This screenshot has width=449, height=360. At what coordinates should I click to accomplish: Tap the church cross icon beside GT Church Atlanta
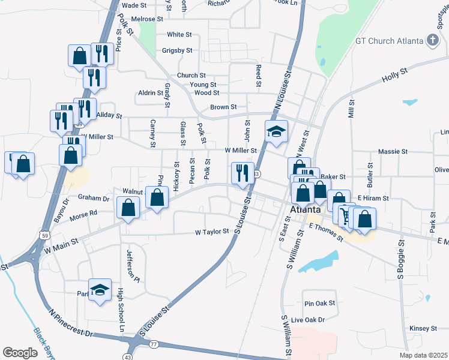[432, 41]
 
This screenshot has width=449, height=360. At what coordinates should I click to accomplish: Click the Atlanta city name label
[305, 211]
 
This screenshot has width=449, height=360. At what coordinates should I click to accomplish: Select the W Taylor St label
[212, 231]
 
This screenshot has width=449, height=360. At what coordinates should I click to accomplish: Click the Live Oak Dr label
[307, 320]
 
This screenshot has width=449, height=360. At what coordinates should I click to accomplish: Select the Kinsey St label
[423, 328]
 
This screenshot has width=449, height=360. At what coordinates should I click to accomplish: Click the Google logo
[20, 352]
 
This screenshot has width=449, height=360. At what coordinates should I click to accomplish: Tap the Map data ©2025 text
[423, 355]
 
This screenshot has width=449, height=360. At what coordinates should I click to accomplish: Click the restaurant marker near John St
[243, 173]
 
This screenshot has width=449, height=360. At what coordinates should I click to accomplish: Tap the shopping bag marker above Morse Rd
[128, 208]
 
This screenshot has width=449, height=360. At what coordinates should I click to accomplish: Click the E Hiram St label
[373, 197]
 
